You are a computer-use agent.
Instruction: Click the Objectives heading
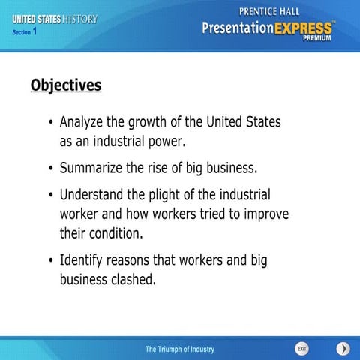click(x=66, y=85)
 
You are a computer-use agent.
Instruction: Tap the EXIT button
click(x=301, y=328)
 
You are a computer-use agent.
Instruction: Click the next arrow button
click(x=343, y=328)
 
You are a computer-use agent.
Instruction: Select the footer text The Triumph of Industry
click(x=180, y=328)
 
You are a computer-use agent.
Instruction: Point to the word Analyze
click(x=84, y=121)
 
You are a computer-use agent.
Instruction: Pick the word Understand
click(x=92, y=194)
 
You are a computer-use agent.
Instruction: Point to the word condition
click(x=112, y=232)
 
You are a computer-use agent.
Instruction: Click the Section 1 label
click(x=25, y=31)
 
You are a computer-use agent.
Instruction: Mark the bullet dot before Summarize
click(x=50, y=168)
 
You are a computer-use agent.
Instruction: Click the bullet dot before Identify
click(x=50, y=261)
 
